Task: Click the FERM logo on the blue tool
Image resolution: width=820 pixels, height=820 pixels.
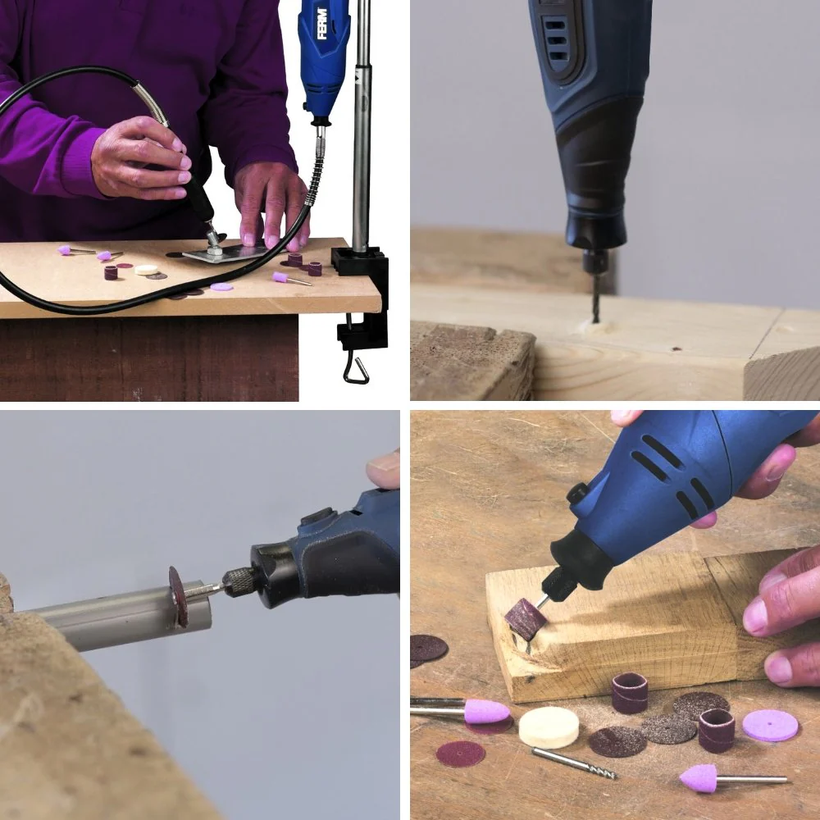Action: click(x=322, y=24)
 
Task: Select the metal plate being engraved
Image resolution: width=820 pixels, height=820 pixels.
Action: click(x=230, y=253)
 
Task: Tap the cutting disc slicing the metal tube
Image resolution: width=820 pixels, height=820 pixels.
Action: click(x=178, y=595)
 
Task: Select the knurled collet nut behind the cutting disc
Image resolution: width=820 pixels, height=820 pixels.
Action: click(x=239, y=581)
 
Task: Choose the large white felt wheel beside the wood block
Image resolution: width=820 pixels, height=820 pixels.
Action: click(x=549, y=727)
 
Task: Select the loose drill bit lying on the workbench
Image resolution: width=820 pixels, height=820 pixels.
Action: click(x=574, y=763)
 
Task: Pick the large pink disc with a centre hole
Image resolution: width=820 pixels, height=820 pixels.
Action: click(x=770, y=725)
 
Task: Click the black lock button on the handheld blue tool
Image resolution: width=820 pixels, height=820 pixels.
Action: click(x=576, y=493)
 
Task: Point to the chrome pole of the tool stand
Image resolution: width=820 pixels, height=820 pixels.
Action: click(x=362, y=125)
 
